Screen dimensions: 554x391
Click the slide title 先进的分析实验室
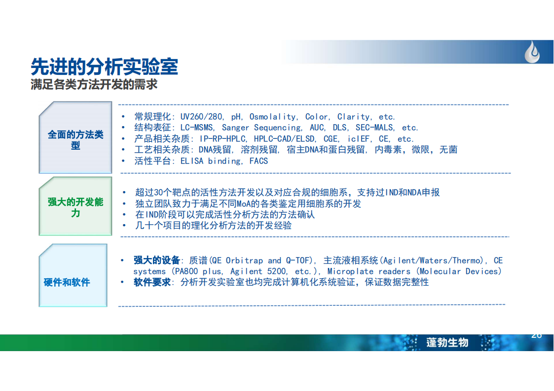click(104, 66)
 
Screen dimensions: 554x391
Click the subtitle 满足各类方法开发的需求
click(94, 85)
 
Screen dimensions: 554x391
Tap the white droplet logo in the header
click(532, 52)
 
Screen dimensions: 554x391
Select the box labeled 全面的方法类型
click(75, 137)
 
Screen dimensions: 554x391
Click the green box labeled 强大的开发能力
click(75, 206)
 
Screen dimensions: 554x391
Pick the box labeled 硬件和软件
click(73, 275)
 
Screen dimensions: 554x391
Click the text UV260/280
click(201, 117)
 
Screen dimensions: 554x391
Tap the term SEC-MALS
click(374, 128)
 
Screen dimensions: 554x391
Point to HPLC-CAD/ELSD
click(284, 139)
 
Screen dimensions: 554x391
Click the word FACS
click(259, 161)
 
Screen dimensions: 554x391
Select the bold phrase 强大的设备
click(156, 261)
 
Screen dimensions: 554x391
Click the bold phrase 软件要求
click(152, 282)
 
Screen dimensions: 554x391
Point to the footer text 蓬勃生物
click(447, 342)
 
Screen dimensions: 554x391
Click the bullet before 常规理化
click(123, 116)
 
